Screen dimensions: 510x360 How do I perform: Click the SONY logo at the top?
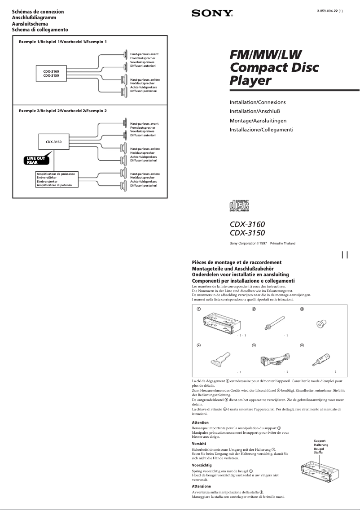tap(212, 14)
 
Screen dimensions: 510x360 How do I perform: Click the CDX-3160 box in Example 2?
tap(53, 142)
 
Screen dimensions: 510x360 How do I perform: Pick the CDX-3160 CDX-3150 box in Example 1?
tap(51, 74)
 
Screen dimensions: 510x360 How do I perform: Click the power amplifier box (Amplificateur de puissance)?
tap(56, 179)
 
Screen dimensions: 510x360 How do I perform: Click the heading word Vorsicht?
tap(199, 443)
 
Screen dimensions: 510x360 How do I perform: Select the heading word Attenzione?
tap(201, 486)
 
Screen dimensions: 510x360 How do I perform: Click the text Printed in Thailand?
tap(282, 243)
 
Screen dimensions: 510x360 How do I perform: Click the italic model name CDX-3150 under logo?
tap(247, 233)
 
